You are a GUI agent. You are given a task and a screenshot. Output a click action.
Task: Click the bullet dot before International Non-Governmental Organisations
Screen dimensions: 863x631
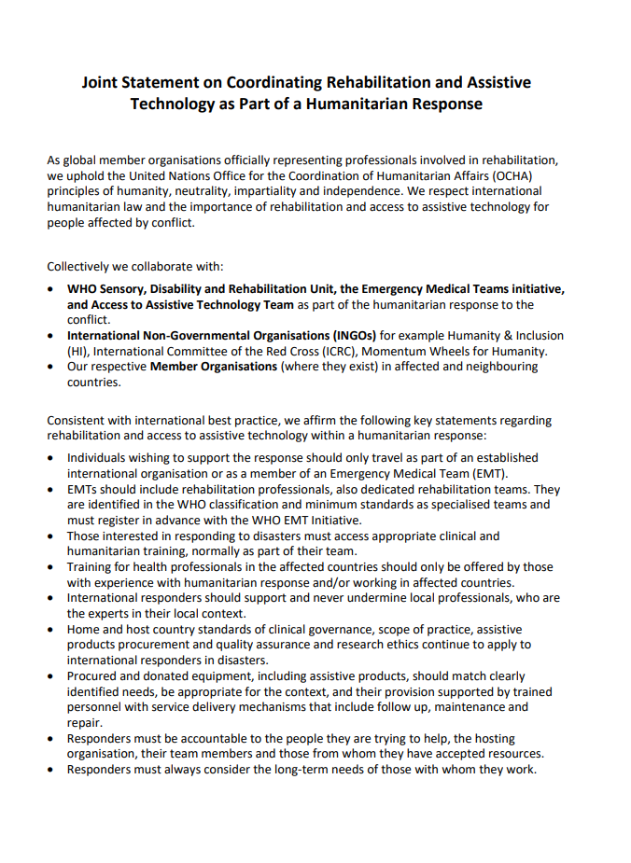tap(50, 335)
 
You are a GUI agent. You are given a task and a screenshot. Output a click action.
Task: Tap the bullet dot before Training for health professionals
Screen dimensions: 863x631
tap(50, 566)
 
